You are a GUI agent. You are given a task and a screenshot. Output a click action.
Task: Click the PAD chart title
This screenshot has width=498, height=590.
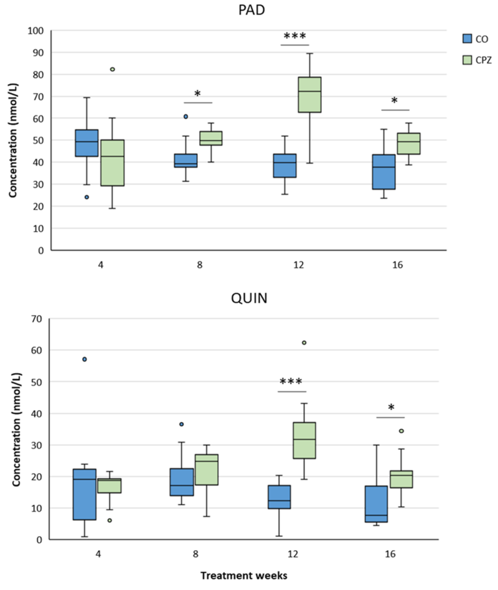tap(251, 10)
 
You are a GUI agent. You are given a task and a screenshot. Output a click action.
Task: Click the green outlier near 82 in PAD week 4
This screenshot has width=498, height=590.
tap(112, 69)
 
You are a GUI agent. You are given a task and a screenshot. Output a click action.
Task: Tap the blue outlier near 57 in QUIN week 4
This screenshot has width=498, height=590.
tap(84, 359)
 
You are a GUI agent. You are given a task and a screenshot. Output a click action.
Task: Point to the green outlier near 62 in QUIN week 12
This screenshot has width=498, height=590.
tap(304, 343)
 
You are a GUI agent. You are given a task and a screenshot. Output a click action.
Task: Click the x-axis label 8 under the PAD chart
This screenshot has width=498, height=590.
tap(199, 265)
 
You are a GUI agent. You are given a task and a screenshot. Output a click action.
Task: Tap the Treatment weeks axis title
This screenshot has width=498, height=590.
tap(244, 576)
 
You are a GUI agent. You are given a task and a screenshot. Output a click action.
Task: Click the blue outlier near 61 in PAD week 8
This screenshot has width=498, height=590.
tap(186, 117)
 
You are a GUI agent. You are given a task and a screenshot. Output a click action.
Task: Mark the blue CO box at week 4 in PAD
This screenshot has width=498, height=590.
tap(87, 143)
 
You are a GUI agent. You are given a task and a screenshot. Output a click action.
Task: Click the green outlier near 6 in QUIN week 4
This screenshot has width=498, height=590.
tap(109, 520)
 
